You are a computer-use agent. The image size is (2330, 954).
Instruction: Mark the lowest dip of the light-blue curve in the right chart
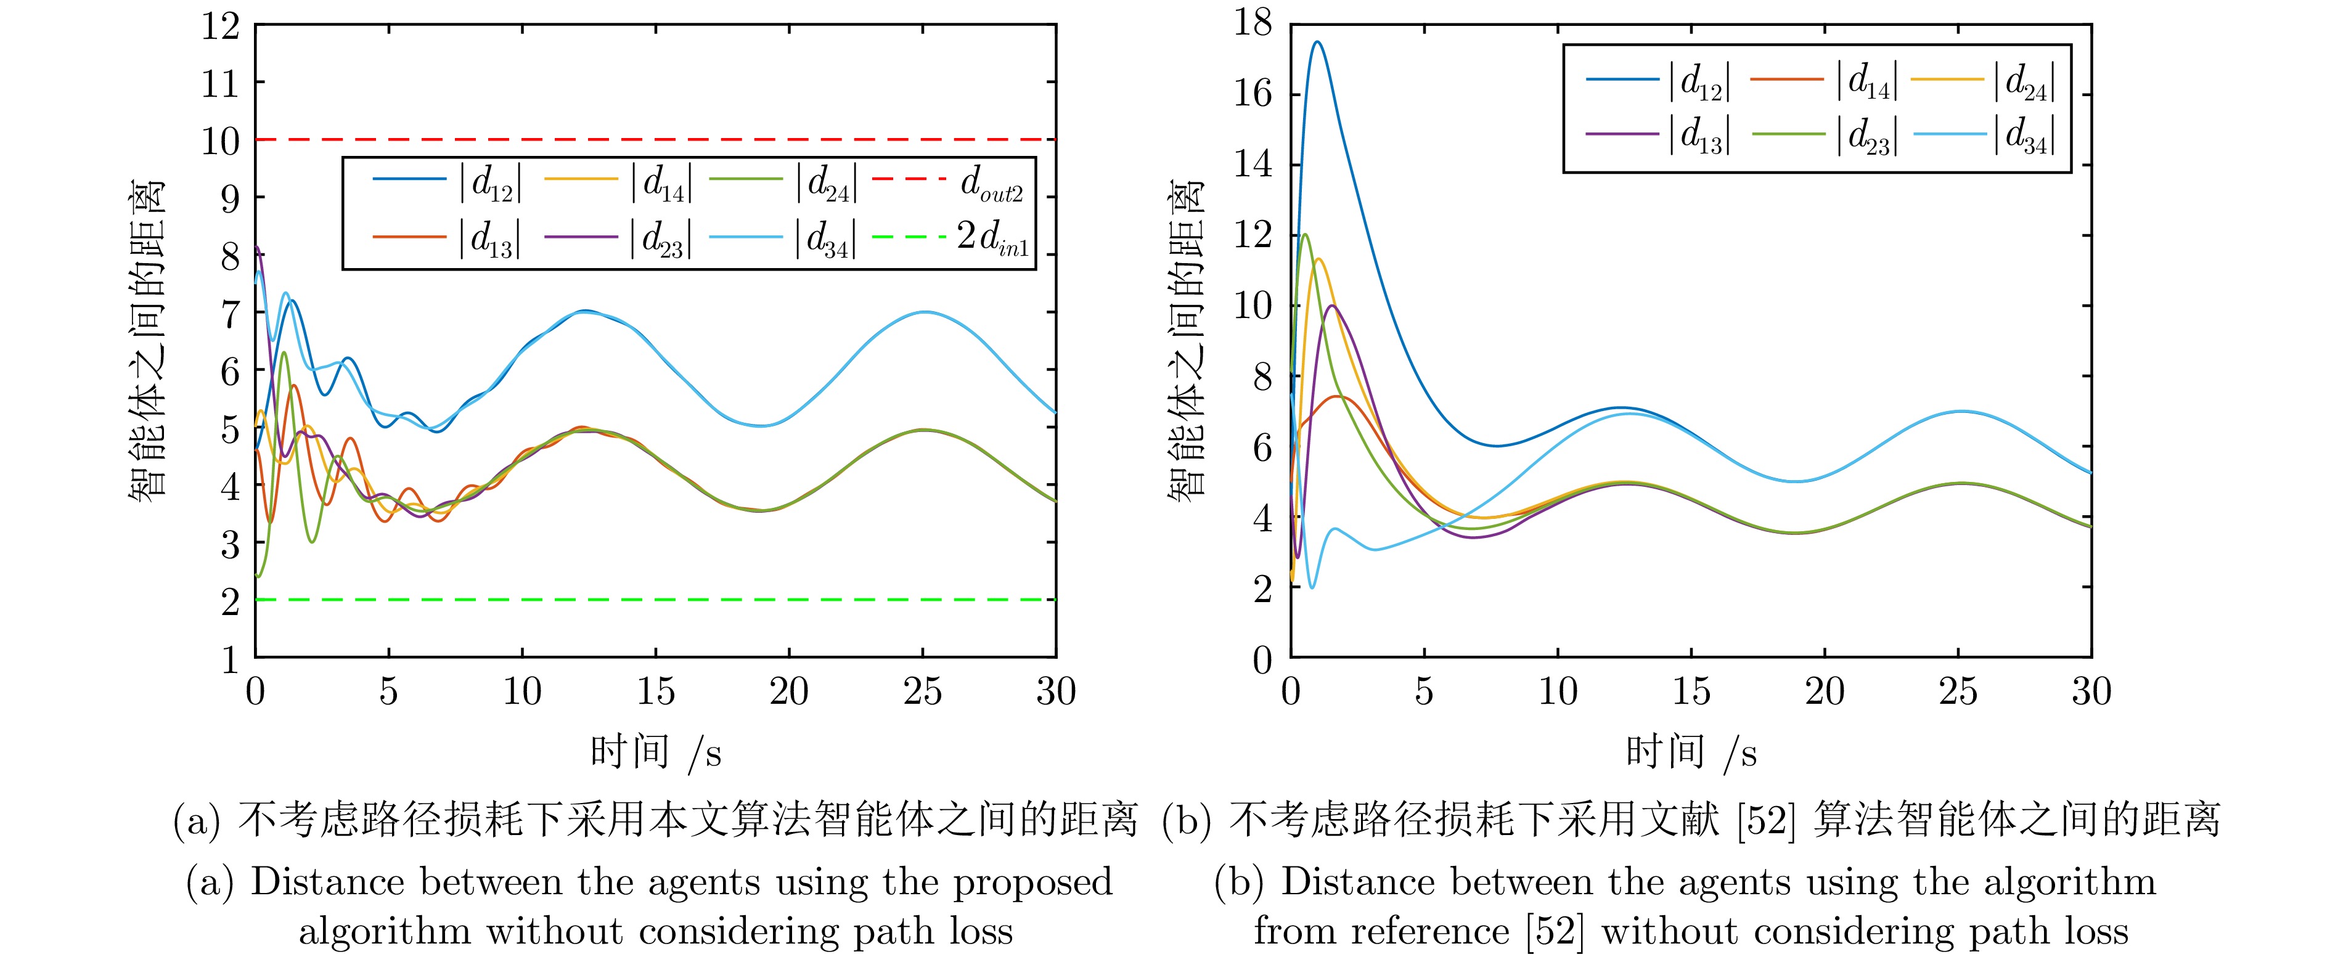1312,588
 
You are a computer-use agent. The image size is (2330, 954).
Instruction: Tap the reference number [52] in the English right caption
1556,931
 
